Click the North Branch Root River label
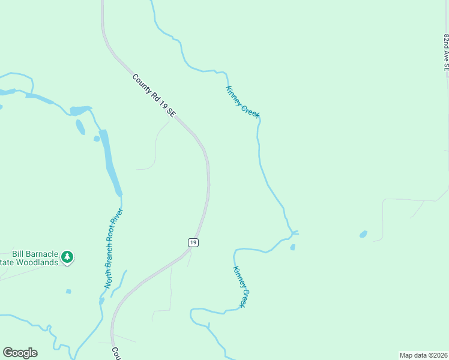[114, 248]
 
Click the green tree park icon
[68, 257]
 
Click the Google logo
[20, 353]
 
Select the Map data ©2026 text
[423, 355]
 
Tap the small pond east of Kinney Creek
[363, 234]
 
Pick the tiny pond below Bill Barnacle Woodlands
[68, 292]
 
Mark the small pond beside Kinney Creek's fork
[292, 247]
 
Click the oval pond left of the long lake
[80, 127]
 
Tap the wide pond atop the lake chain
[80, 110]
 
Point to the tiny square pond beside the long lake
[96, 139]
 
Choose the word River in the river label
[120, 220]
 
